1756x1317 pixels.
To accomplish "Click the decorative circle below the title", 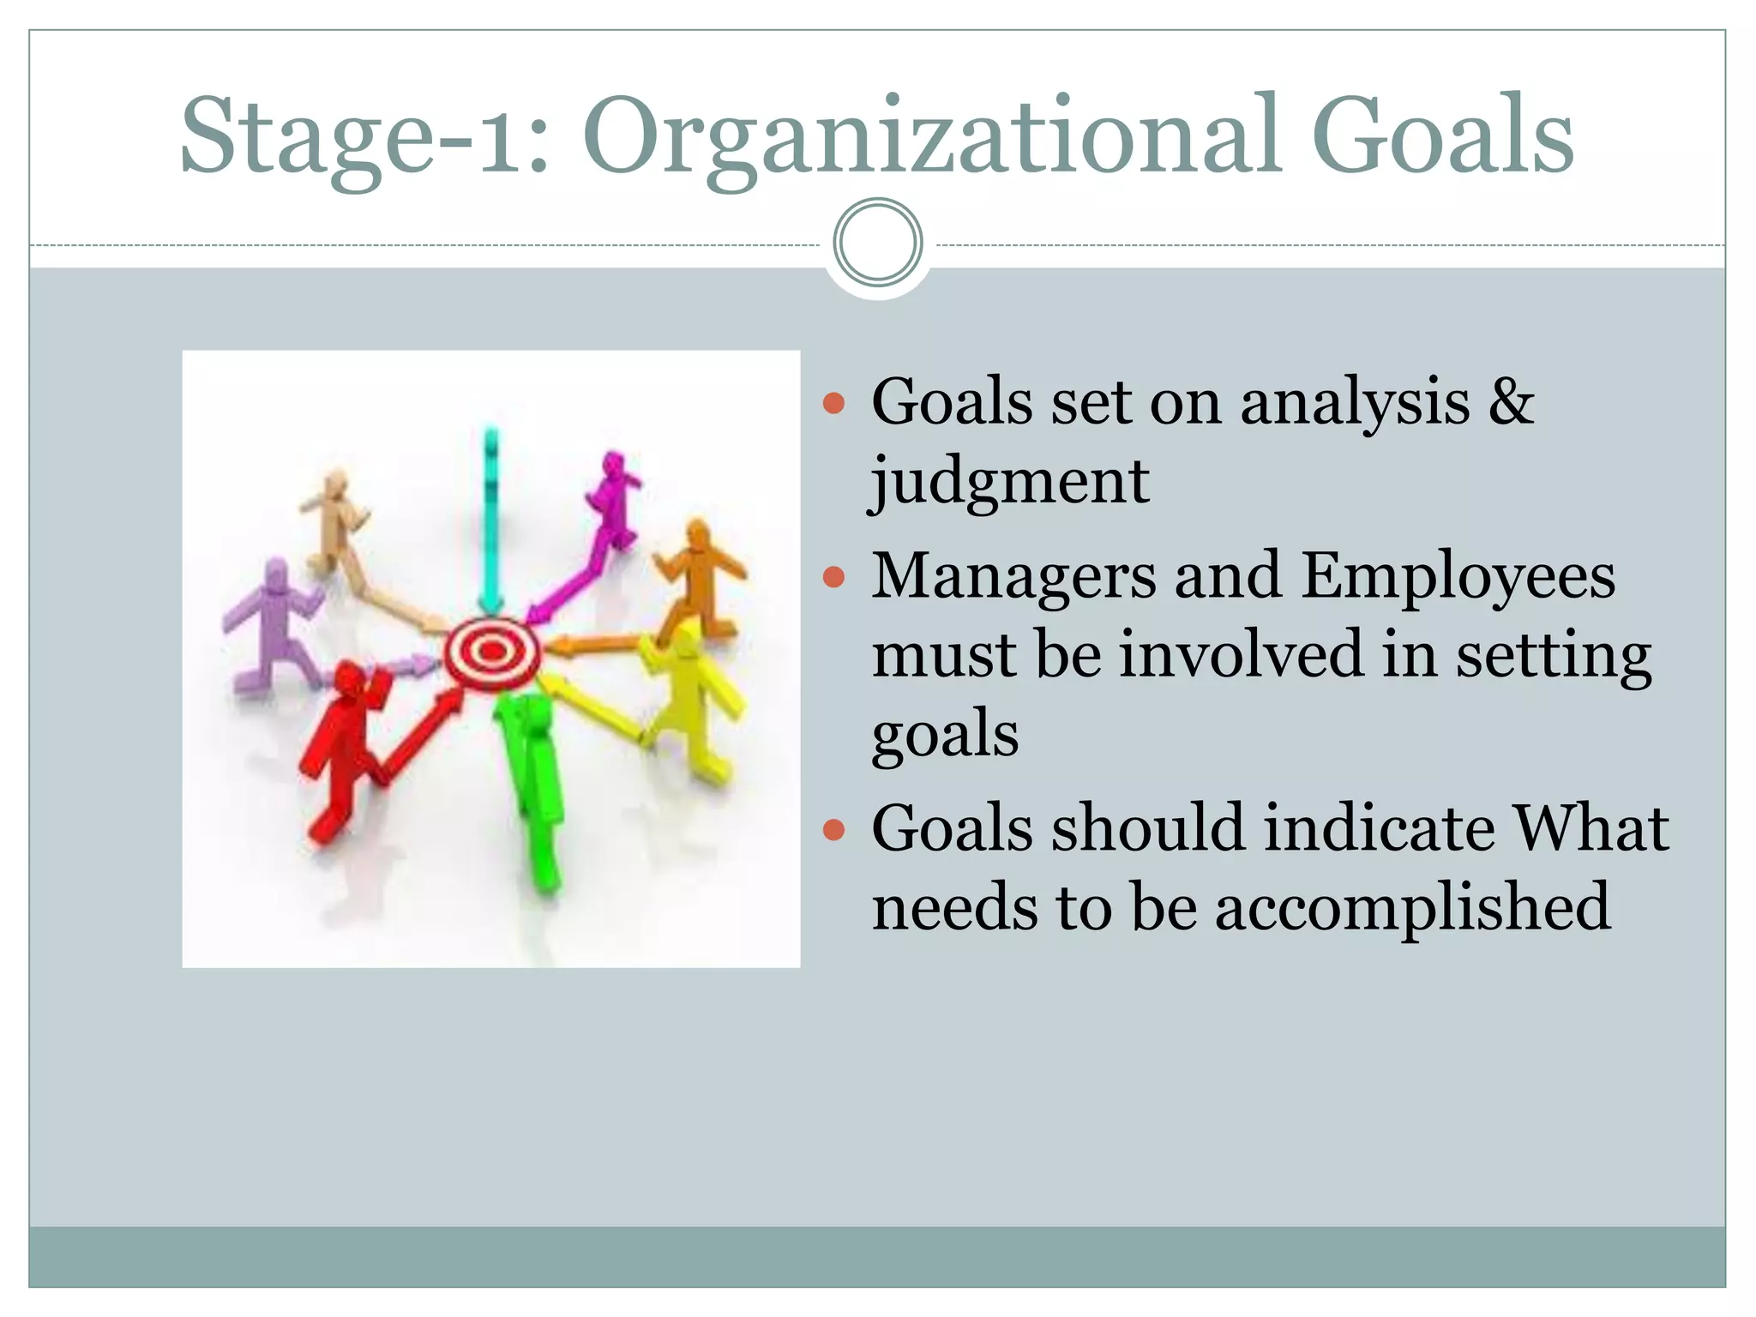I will [x=877, y=243].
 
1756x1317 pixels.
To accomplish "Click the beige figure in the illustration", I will [x=334, y=523].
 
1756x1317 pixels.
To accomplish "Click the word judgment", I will [x=1010, y=482].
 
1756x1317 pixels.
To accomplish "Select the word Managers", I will [x=1013, y=576].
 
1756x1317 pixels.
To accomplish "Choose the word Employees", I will [x=1458, y=576].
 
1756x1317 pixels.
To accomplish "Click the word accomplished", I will [x=1413, y=907].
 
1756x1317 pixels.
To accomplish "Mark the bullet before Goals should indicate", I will [x=833, y=829].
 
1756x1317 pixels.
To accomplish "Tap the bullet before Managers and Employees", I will [x=833, y=577].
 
